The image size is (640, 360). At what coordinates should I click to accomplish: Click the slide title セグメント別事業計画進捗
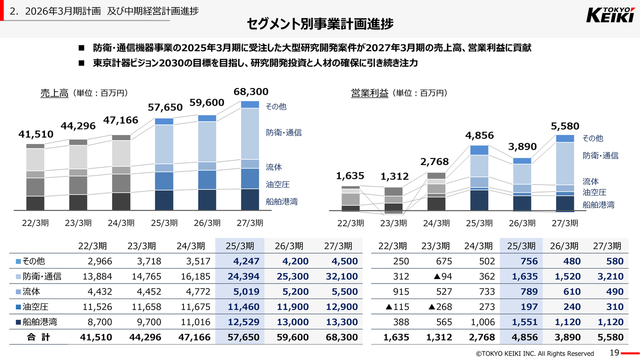(320, 24)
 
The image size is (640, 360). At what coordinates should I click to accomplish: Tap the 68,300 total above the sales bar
(250, 92)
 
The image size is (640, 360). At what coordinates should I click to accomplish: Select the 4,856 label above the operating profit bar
(479, 135)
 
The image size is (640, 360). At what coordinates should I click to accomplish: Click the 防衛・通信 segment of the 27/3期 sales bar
(250, 133)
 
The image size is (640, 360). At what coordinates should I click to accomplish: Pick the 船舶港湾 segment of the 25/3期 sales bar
(164, 200)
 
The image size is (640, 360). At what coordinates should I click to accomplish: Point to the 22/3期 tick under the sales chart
(35, 223)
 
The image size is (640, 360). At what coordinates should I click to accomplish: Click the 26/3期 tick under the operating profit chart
(521, 223)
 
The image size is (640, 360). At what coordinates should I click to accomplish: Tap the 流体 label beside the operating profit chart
(590, 181)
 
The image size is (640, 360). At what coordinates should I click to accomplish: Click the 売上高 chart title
(54, 93)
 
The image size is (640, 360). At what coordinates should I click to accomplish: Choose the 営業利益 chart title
(369, 93)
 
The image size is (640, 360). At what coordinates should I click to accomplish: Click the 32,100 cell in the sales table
(341, 276)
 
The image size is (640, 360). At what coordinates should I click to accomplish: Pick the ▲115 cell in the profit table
(397, 306)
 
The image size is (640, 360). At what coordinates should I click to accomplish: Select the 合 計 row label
(38, 337)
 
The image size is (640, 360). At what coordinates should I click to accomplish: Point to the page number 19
(614, 352)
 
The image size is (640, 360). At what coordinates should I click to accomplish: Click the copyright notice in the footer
(534, 353)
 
